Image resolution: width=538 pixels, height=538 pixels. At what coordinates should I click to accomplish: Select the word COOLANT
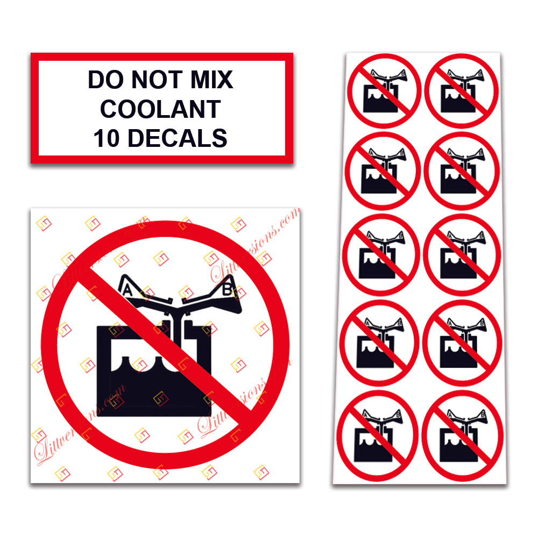160,109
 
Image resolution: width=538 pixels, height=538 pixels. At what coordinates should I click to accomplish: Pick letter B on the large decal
226,290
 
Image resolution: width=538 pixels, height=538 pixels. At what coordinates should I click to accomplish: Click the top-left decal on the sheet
383,90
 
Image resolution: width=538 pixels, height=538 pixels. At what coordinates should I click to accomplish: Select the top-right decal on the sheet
462,90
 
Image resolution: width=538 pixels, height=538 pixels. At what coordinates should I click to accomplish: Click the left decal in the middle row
382,254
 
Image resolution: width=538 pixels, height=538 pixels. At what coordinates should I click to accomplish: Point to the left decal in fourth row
380,341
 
